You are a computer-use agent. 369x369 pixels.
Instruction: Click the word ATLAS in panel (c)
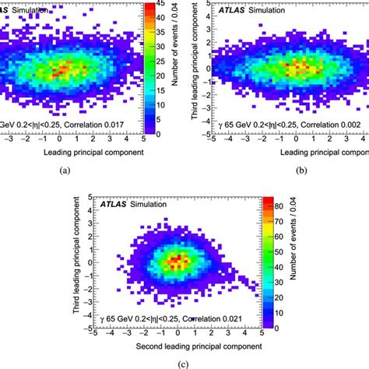[114, 183]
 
